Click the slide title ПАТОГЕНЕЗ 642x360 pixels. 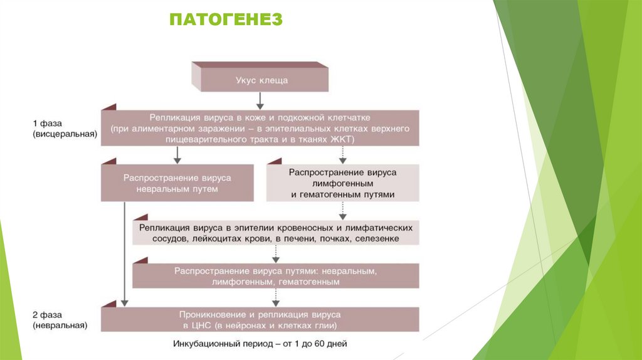point(226,21)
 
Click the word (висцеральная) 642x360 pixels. point(65,134)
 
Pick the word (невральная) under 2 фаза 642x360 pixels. point(61,326)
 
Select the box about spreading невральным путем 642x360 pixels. point(177,183)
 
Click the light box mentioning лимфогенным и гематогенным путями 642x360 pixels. point(343,183)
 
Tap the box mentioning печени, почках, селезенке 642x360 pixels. point(276,233)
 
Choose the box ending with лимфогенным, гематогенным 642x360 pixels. point(276,276)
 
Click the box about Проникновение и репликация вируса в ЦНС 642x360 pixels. point(261,319)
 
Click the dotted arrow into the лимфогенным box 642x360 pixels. point(342,155)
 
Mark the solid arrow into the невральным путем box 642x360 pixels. point(177,155)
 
